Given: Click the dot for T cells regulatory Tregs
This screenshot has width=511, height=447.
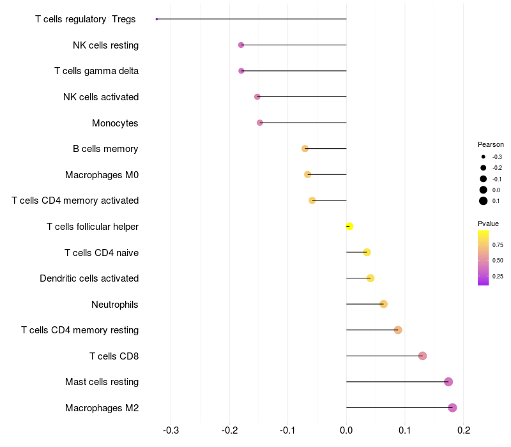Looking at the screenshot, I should [x=156, y=19].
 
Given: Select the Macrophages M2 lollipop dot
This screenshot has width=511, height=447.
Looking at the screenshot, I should [x=452, y=408].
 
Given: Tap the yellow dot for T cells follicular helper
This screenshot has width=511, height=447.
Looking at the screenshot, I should [x=349, y=226].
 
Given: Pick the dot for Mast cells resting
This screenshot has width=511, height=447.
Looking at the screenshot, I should [x=448, y=382].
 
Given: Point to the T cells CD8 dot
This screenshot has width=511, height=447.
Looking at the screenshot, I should [x=422, y=356].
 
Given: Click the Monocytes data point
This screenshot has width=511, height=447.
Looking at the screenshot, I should [x=260, y=123].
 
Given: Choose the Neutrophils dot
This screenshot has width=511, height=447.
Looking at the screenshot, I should [x=383, y=304].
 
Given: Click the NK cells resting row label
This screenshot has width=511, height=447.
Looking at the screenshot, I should [x=105, y=45].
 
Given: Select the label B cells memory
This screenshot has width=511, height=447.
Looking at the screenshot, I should [x=105, y=149].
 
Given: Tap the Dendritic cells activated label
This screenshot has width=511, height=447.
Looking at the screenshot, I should [x=89, y=278].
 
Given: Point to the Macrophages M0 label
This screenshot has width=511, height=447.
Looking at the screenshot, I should [x=102, y=174].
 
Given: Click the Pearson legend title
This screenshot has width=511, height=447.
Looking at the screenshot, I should [x=491, y=144].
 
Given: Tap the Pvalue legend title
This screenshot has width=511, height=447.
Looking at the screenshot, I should [x=488, y=223].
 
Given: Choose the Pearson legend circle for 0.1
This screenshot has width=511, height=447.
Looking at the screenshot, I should [x=484, y=201].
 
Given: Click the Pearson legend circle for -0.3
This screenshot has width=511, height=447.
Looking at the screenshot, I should [x=484, y=156].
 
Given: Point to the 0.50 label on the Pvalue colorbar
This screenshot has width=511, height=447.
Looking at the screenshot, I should [x=498, y=261].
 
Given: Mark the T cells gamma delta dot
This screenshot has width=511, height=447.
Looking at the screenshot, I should [x=241, y=71].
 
